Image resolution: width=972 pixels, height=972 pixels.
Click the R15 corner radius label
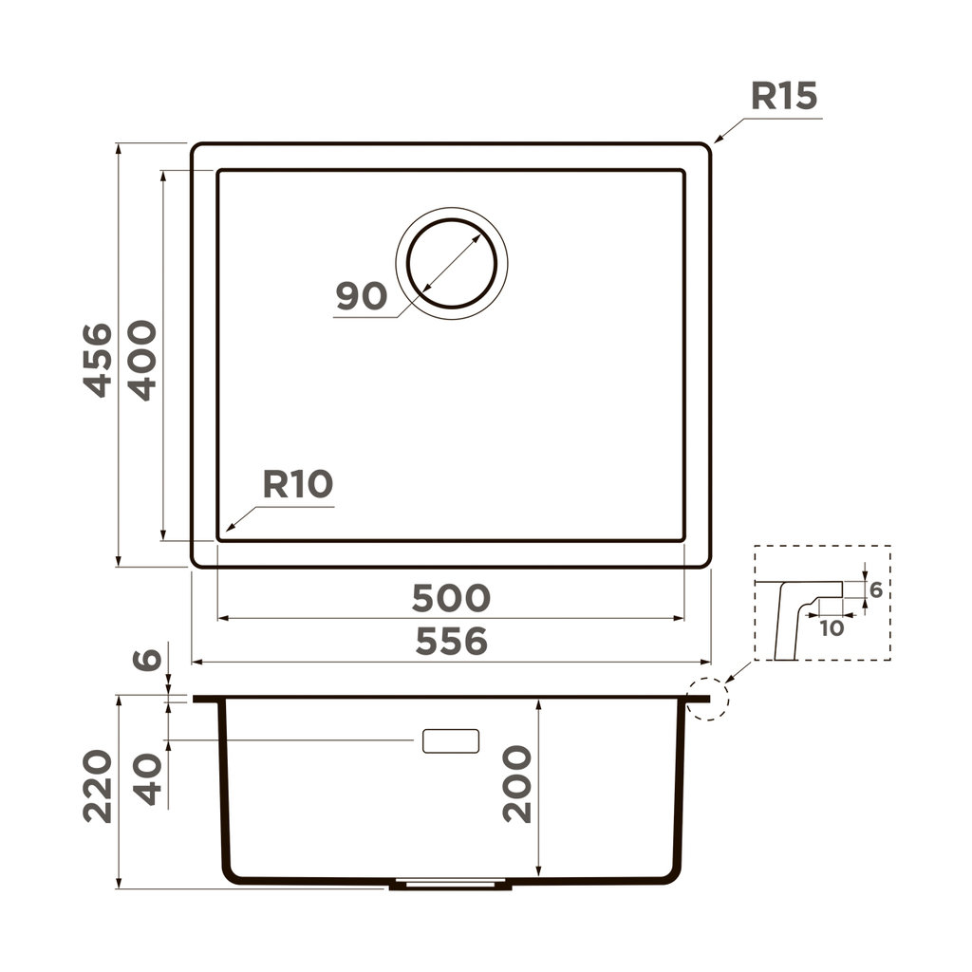784,97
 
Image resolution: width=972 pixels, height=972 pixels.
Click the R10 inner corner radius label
298,485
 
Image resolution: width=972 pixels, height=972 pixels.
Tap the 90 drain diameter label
362,297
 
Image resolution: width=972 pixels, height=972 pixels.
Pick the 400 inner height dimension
141,360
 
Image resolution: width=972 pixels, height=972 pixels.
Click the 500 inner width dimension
451,598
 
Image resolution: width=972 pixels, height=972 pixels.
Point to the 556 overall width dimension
451,643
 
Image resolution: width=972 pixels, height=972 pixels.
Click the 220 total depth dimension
98,786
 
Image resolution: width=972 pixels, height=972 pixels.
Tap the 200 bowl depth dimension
517,784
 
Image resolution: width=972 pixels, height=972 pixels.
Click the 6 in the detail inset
876,590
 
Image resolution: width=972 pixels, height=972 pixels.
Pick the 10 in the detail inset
831,627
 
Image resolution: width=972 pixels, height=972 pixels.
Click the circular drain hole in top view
451,263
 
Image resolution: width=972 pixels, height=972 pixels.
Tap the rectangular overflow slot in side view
450,741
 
